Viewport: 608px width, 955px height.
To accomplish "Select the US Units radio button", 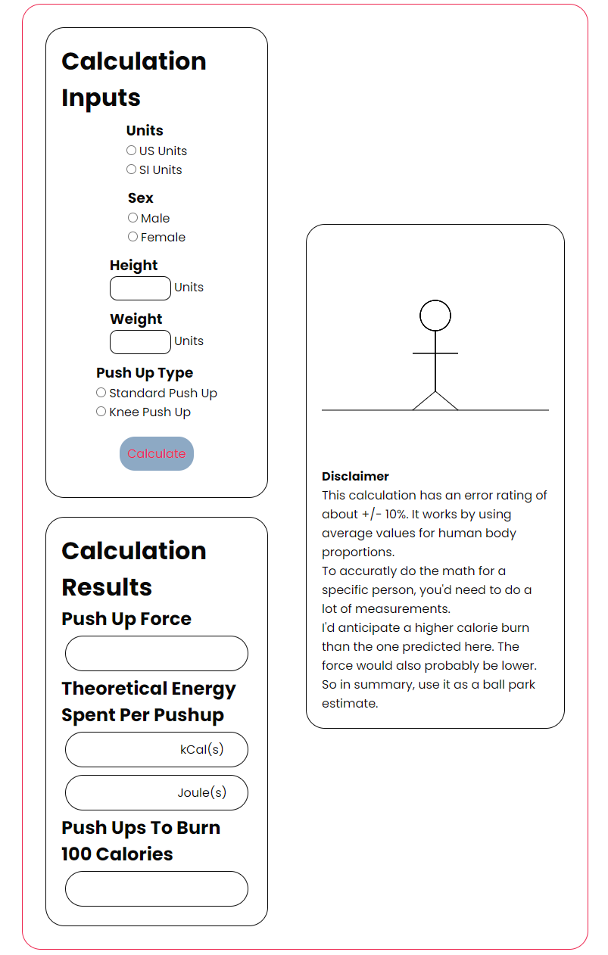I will point(132,151).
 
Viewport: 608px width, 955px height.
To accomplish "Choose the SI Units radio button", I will point(132,170).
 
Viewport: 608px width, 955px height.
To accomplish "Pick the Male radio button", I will point(133,218).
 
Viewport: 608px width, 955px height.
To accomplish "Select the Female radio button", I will point(133,237).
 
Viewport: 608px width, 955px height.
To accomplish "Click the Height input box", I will point(140,288).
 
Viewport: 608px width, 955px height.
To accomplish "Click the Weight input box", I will point(140,342).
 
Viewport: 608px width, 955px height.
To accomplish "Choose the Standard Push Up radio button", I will point(101,393).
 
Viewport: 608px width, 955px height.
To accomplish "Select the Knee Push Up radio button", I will point(101,412).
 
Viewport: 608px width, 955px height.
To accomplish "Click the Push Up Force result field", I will point(156,654).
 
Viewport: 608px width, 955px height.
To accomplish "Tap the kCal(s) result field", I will point(156,750).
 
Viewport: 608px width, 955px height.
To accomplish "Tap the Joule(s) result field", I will point(156,793).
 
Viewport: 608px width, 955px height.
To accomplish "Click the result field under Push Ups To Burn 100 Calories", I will point(156,889).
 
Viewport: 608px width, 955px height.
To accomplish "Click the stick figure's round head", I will point(435,316).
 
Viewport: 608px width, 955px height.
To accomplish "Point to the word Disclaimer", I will point(355,477).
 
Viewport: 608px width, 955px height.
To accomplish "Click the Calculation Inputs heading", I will point(133,79).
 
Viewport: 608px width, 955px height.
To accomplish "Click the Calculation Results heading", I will point(133,568).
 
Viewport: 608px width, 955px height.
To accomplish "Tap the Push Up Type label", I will point(145,373).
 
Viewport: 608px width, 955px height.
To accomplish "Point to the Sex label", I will point(141,198).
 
